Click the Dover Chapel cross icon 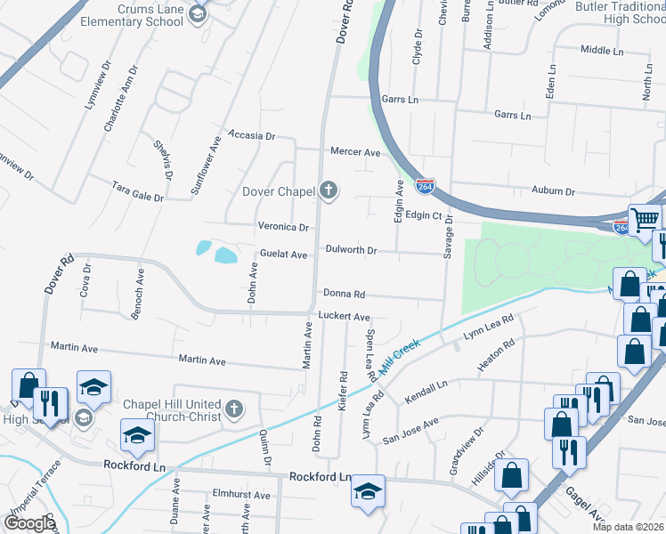tap(329, 190)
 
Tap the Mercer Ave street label tap(355, 152)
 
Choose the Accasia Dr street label tap(252, 136)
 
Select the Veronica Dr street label tap(283, 227)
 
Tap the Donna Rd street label tap(344, 294)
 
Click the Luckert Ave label tap(344, 317)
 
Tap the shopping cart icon tap(645, 219)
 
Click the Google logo tap(29, 523)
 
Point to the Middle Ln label tap(602, 51)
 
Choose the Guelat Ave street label tap(283, 255)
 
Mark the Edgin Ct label tap(424, 215)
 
